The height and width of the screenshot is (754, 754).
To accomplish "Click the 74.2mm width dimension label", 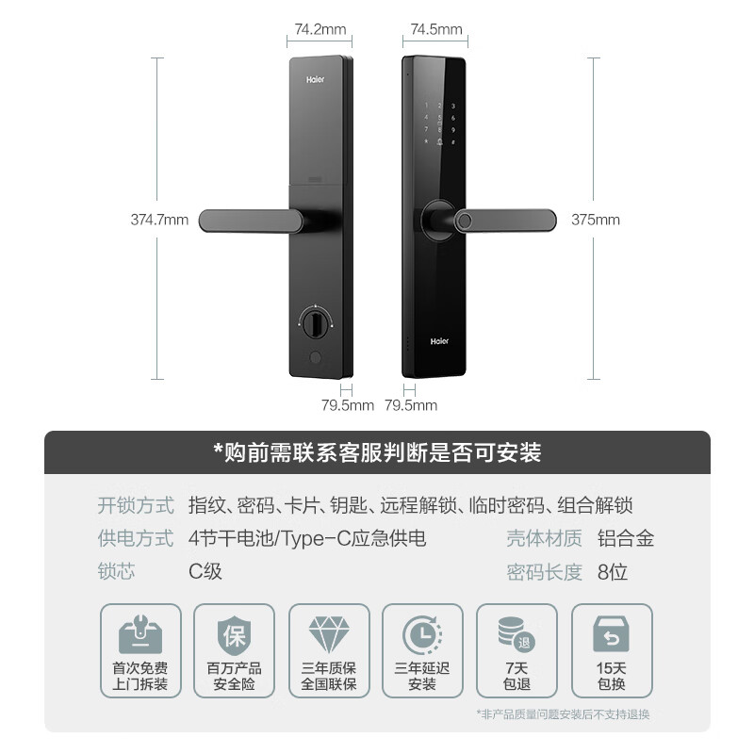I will coord(318,29).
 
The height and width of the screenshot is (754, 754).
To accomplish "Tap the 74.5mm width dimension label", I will coord(436,29).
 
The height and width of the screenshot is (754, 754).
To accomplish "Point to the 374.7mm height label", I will coord(159,221).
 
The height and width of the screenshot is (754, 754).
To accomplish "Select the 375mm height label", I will coord(596,221).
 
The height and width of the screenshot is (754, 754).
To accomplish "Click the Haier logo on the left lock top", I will coord(315,81).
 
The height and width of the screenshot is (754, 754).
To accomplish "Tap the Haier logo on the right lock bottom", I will coord(440,342).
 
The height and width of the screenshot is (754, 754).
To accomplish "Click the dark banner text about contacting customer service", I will coord(377,452).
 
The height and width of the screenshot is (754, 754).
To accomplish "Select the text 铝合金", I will coord(626,539).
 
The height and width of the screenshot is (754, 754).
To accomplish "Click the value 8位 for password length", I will coord(613,572).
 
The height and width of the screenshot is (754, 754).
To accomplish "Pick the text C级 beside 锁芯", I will coord(205,572).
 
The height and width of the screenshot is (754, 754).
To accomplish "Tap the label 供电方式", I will coord(136,539).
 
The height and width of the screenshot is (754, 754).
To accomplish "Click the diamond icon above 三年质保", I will coord(329,635).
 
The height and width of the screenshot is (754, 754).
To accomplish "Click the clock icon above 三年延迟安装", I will coord(421,635).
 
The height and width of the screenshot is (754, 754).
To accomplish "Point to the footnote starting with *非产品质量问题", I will coord(564,713).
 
